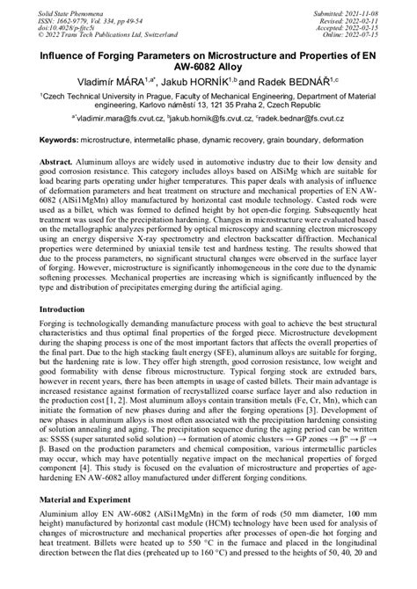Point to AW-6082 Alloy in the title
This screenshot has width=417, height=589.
[208, 64]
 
